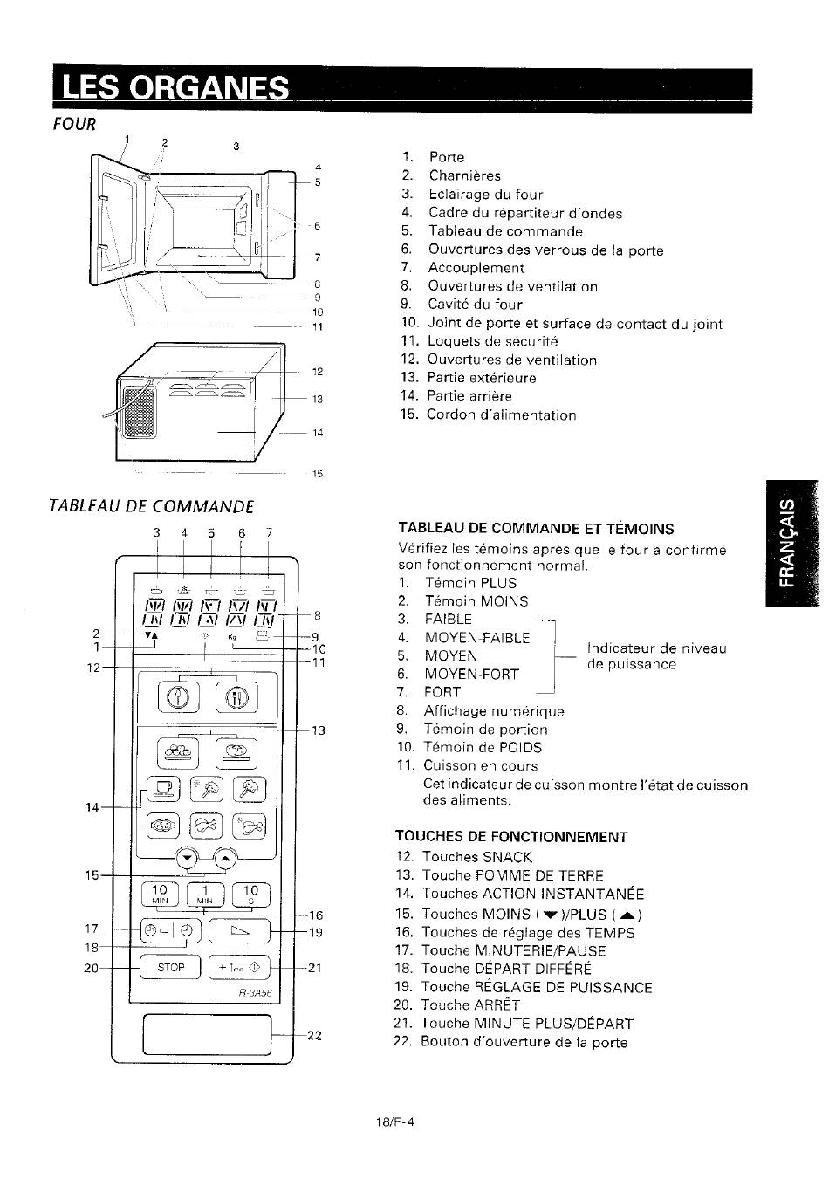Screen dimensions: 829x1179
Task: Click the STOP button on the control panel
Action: click(x=170, y=967)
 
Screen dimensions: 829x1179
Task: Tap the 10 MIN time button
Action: click(x=160, y=894)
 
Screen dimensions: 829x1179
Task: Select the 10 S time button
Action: click(x=250, y=894)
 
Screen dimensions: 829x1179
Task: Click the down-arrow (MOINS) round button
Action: click(x=187, y=859)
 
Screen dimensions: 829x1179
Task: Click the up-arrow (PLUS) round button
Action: click(x=225, y=859)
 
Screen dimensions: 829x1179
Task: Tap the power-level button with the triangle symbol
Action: click(x=239, y=931)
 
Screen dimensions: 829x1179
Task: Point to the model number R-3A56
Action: click(x=256, y=993)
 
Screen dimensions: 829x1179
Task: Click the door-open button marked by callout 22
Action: click(x=207, y=1034)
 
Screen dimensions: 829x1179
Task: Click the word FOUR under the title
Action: click(x=74, y=125)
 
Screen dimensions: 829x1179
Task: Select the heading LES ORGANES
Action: click(x=175, y=87)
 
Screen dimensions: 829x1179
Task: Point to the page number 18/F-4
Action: click(x=395, y=1121)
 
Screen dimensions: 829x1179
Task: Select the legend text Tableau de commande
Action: click(x=506, y=231)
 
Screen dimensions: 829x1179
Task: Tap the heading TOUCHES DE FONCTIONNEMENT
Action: click(x=511, y=837)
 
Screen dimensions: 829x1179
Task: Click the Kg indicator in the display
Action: click(x=233, y=637)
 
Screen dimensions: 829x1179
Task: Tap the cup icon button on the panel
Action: click(x=162, y=788)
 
